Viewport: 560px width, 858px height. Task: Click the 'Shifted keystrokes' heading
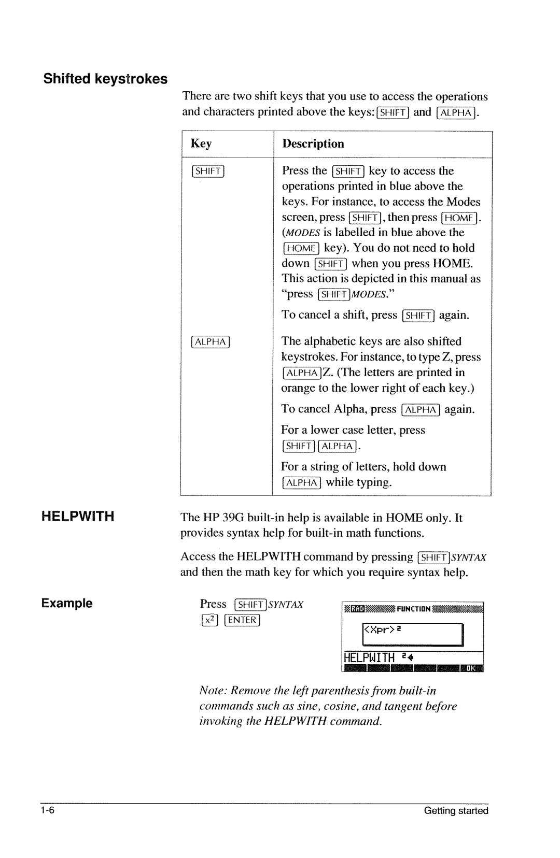click(105, 79)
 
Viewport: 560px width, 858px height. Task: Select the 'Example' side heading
click(67, 603)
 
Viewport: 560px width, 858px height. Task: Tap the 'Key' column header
click(201, 144)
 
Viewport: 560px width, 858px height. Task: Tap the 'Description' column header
click(313, 144)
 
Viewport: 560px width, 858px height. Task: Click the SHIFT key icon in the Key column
click(207, 171)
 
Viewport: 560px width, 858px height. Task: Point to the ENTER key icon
click(243, 620)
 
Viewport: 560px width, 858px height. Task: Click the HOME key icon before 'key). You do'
click(301, 248)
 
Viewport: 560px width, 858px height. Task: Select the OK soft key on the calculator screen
click(470, 668)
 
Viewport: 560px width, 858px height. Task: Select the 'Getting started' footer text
click(456, 811)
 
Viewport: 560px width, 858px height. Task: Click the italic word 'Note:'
click(213, 691)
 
